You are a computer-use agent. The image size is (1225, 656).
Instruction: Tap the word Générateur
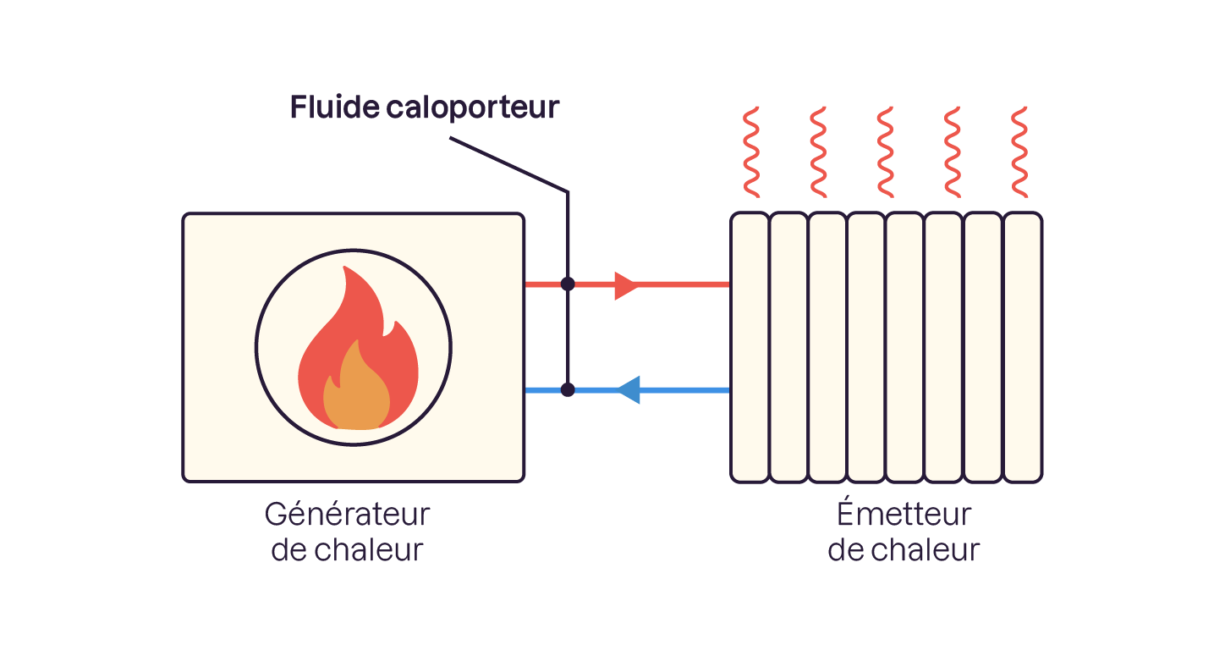pyautogui.click(x=347, y=514)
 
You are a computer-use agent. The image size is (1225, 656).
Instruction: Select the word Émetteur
pyautogui.click(x=904, y=514)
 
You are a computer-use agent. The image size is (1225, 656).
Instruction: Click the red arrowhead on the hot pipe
pyautogui.click(x=626, y=284)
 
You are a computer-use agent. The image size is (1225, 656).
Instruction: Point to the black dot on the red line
pyautogui.click(x=568, y=284)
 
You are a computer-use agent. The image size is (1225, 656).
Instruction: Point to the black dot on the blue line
pyautogui.click(x=568, y=390)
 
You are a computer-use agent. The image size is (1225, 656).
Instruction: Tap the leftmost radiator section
pyautogui.click(x=750, y=347)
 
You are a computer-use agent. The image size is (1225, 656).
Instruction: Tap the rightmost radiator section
pyautogui.click(x=1022, y=347)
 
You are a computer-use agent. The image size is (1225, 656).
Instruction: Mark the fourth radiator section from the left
pyautogui.click(x=866, y=347)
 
